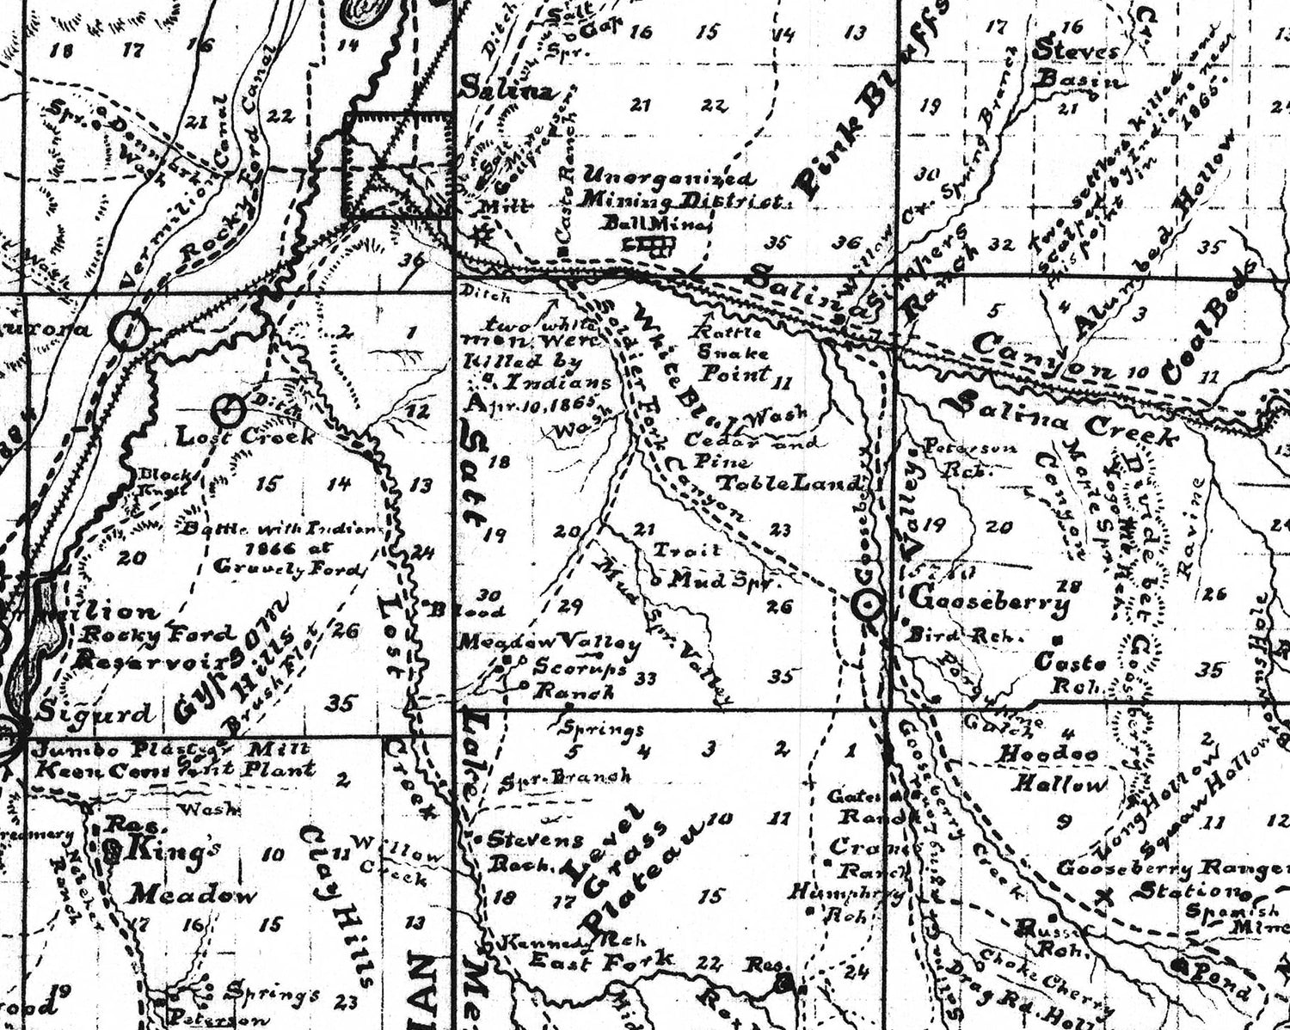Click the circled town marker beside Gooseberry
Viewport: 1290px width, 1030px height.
[868, 605]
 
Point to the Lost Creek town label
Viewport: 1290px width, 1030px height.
[245, 436]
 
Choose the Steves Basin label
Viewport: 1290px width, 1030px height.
[1078, 65]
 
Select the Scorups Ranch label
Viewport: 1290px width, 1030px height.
[574, 678]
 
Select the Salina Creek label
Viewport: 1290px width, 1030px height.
[1066, 416]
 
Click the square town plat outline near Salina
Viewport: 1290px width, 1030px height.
[398, 163]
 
